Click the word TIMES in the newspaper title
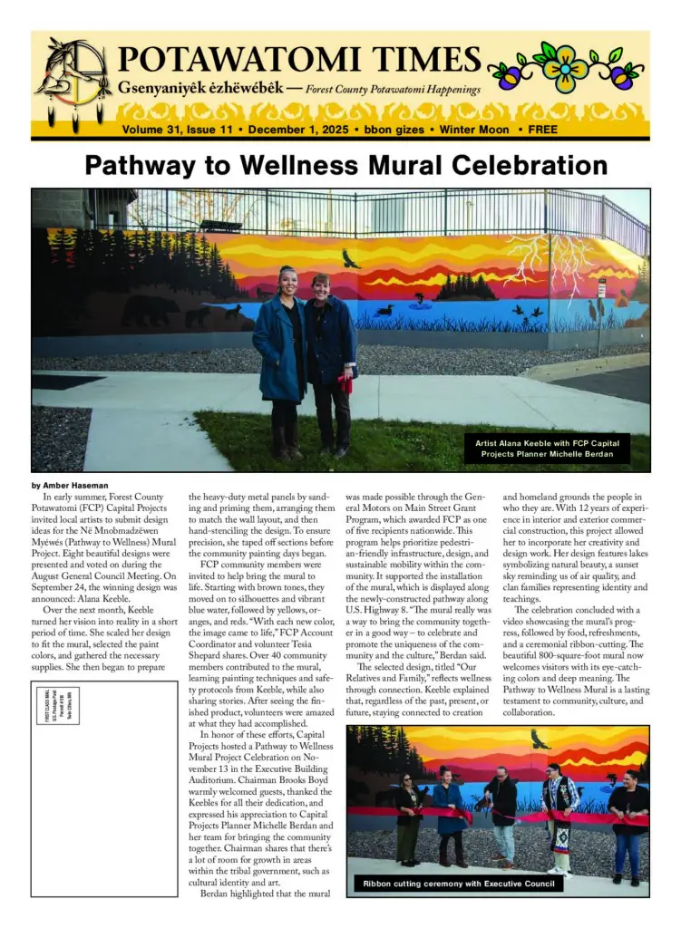click(x=399, y=60)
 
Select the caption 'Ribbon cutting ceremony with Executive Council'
click(x=457, y=884)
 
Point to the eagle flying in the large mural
click(x=350, y=259)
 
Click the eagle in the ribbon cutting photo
click(x=540, y=739)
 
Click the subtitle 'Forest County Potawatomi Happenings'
click(x=393, y=91)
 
